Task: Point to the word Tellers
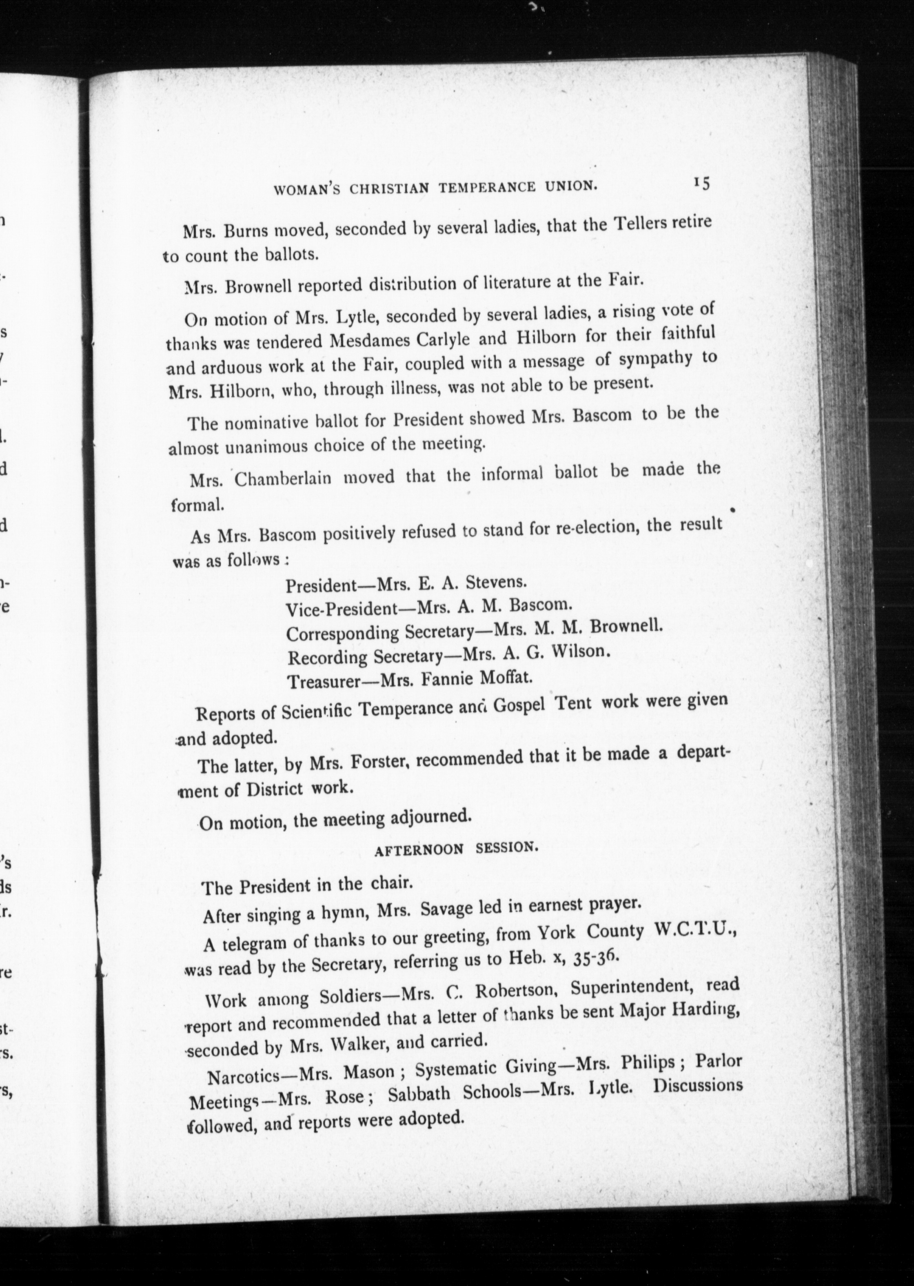click(641, 224)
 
